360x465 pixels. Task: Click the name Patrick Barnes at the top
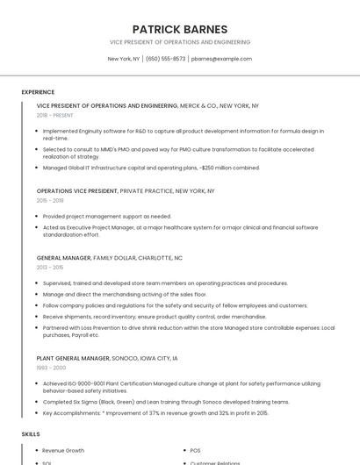pyautogui.click(x=179, y=29)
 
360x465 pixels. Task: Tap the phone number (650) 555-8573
pyautogui.click(x=166, y=59)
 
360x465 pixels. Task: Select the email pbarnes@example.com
pyautogui.click(x=221, y=59)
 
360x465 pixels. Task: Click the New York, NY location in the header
pyautogui.click(x=124, y=59)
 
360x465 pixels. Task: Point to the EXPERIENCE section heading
pyautogui.click(x=38, y=92)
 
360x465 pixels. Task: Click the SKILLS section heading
pyautogui.click(x=31, y=434)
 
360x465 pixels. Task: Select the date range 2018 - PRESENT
pyautogui.click(x=55, y=115)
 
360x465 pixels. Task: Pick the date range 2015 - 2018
pyautogui.click(x=50, y=200)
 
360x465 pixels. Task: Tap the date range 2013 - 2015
pyautogui.click(x=50, y=268)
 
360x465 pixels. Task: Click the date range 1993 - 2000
pyautogui.click(x=51, y=368)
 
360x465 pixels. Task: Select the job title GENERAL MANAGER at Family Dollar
pyautogui.click(x=63, y=258)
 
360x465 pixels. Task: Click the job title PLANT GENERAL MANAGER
pyautogui.click(x=74, y=358)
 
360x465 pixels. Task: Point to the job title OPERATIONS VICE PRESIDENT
pyautogui.click(x=77, y=190)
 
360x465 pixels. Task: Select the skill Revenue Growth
pyautogui.click(x=63, y=450)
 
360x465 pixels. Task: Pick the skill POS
pyautogui.click(x=196, y=450)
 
